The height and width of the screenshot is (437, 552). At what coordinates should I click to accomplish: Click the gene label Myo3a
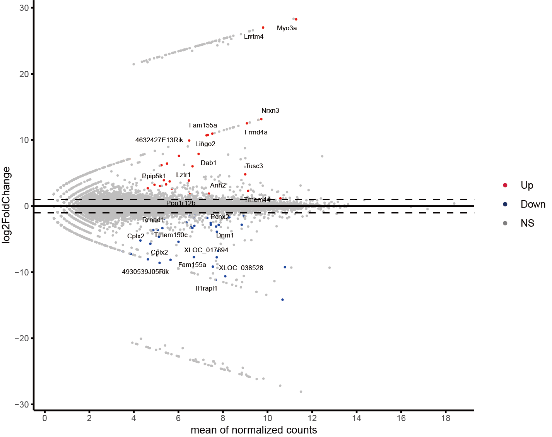[287, 28]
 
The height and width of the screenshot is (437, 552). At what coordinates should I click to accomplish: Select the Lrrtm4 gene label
[253, 37]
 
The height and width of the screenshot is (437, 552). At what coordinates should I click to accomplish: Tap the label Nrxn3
[270, 111]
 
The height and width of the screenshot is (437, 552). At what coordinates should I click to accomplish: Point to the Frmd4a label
[256, 132]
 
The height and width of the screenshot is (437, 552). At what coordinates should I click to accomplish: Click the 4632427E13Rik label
[159, 140]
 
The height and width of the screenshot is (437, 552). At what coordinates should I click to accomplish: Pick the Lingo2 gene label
[205, 144]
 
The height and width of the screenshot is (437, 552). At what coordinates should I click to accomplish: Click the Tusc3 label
[254, 166]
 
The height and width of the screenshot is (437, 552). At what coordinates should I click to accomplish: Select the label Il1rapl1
[206, 289]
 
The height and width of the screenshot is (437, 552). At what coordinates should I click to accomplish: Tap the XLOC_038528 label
[241, 268]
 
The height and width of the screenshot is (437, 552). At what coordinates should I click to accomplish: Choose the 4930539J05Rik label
[145, 272]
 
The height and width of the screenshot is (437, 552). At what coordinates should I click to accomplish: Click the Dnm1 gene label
[225, 236]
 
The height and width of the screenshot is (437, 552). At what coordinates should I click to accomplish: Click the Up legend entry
[526, 186]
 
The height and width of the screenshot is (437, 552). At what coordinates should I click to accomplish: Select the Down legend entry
[533, 205]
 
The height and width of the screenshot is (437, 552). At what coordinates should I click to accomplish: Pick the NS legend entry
[527, 224]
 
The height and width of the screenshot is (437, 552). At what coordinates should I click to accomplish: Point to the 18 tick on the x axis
[446, 418]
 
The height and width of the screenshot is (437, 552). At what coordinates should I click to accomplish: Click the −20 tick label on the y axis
[22, 339]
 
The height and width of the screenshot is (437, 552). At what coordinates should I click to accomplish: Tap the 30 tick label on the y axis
[24, 8]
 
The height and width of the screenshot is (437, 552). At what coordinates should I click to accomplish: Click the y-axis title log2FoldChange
[7, 205]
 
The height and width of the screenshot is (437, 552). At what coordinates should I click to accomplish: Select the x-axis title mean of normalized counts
[254, 430]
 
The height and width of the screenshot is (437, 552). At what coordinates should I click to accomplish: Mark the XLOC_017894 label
[206, 250]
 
